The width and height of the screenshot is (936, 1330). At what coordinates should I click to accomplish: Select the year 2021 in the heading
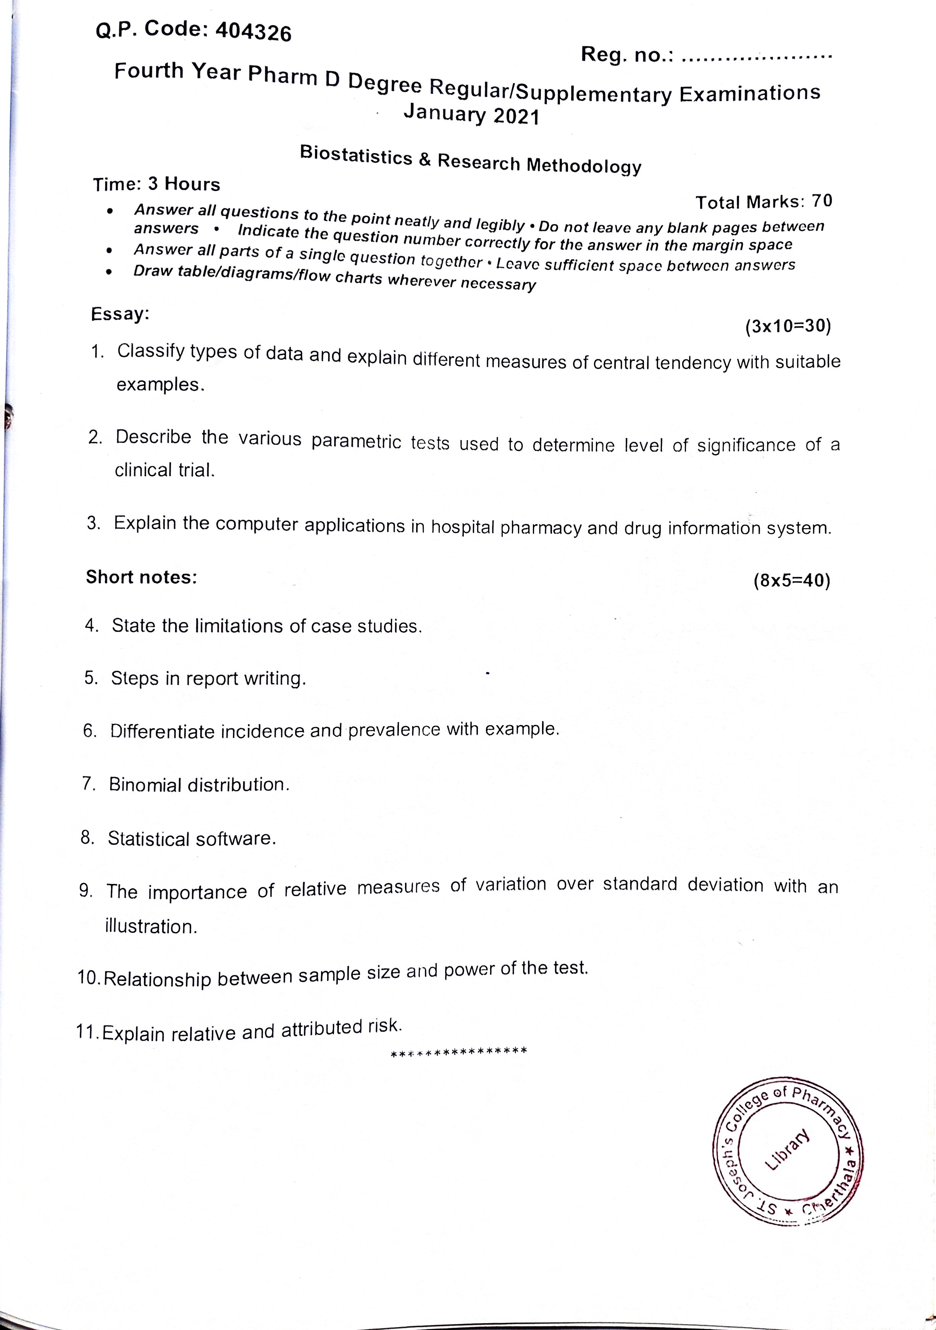[x=516, y=117]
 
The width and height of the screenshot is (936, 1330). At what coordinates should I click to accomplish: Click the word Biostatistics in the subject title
[x=356, y=155]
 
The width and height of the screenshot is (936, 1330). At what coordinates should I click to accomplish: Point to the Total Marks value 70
[x=822, y=200]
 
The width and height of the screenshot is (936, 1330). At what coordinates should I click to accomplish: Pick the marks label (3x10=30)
[x=788, y=326]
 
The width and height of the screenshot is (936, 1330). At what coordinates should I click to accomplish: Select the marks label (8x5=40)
[x=792, y=580]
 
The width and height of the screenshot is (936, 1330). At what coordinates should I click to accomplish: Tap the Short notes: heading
[x=141, y=577]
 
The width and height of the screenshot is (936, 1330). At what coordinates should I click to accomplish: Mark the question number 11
[x=87, y=1032]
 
